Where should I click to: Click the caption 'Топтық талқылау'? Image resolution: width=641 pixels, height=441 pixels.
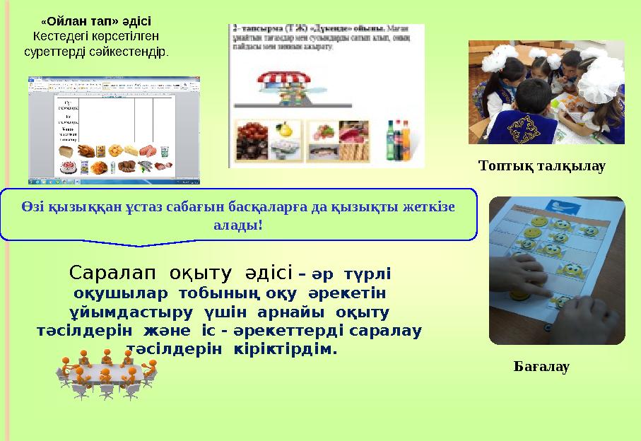pyautogui.click(x=542, y=166)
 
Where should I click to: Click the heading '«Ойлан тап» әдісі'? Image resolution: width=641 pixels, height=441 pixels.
pyautogui.click(x=96, y=21)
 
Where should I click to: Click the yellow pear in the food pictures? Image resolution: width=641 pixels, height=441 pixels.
pyautogui.click(x=285, y=130)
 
